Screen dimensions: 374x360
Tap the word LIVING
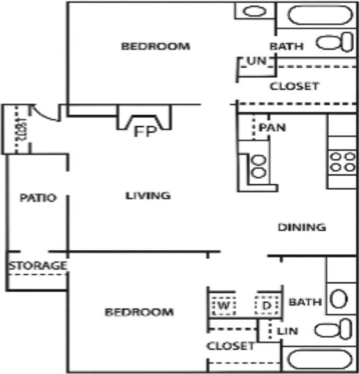pyautogui.click(x=148, y=196)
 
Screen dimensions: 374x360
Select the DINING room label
pyautogui.click(x=301, y=227)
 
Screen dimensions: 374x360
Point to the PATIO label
pyautogui.click(x=38, y=198)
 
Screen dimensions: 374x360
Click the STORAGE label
pyautogui.click(x=38, y=266)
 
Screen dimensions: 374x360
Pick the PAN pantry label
pyautogui.click(x=272, y=127)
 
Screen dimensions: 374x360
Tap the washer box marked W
pyautogui.click(x=223, y=305)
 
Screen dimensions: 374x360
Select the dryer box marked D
pyautogui.click(x=267, y=305)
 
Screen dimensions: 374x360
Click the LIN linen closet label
pyautogui.click(x=287, y=332)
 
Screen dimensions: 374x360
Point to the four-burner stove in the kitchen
pyautogui.click(x=342, y=162)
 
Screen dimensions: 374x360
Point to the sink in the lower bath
pyautogui.click(x=339, y=299)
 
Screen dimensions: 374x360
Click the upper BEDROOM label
pyautogui.click(x=156, y=46)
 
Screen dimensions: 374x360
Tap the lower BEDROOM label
pyautogui.click(x=139, y=312)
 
